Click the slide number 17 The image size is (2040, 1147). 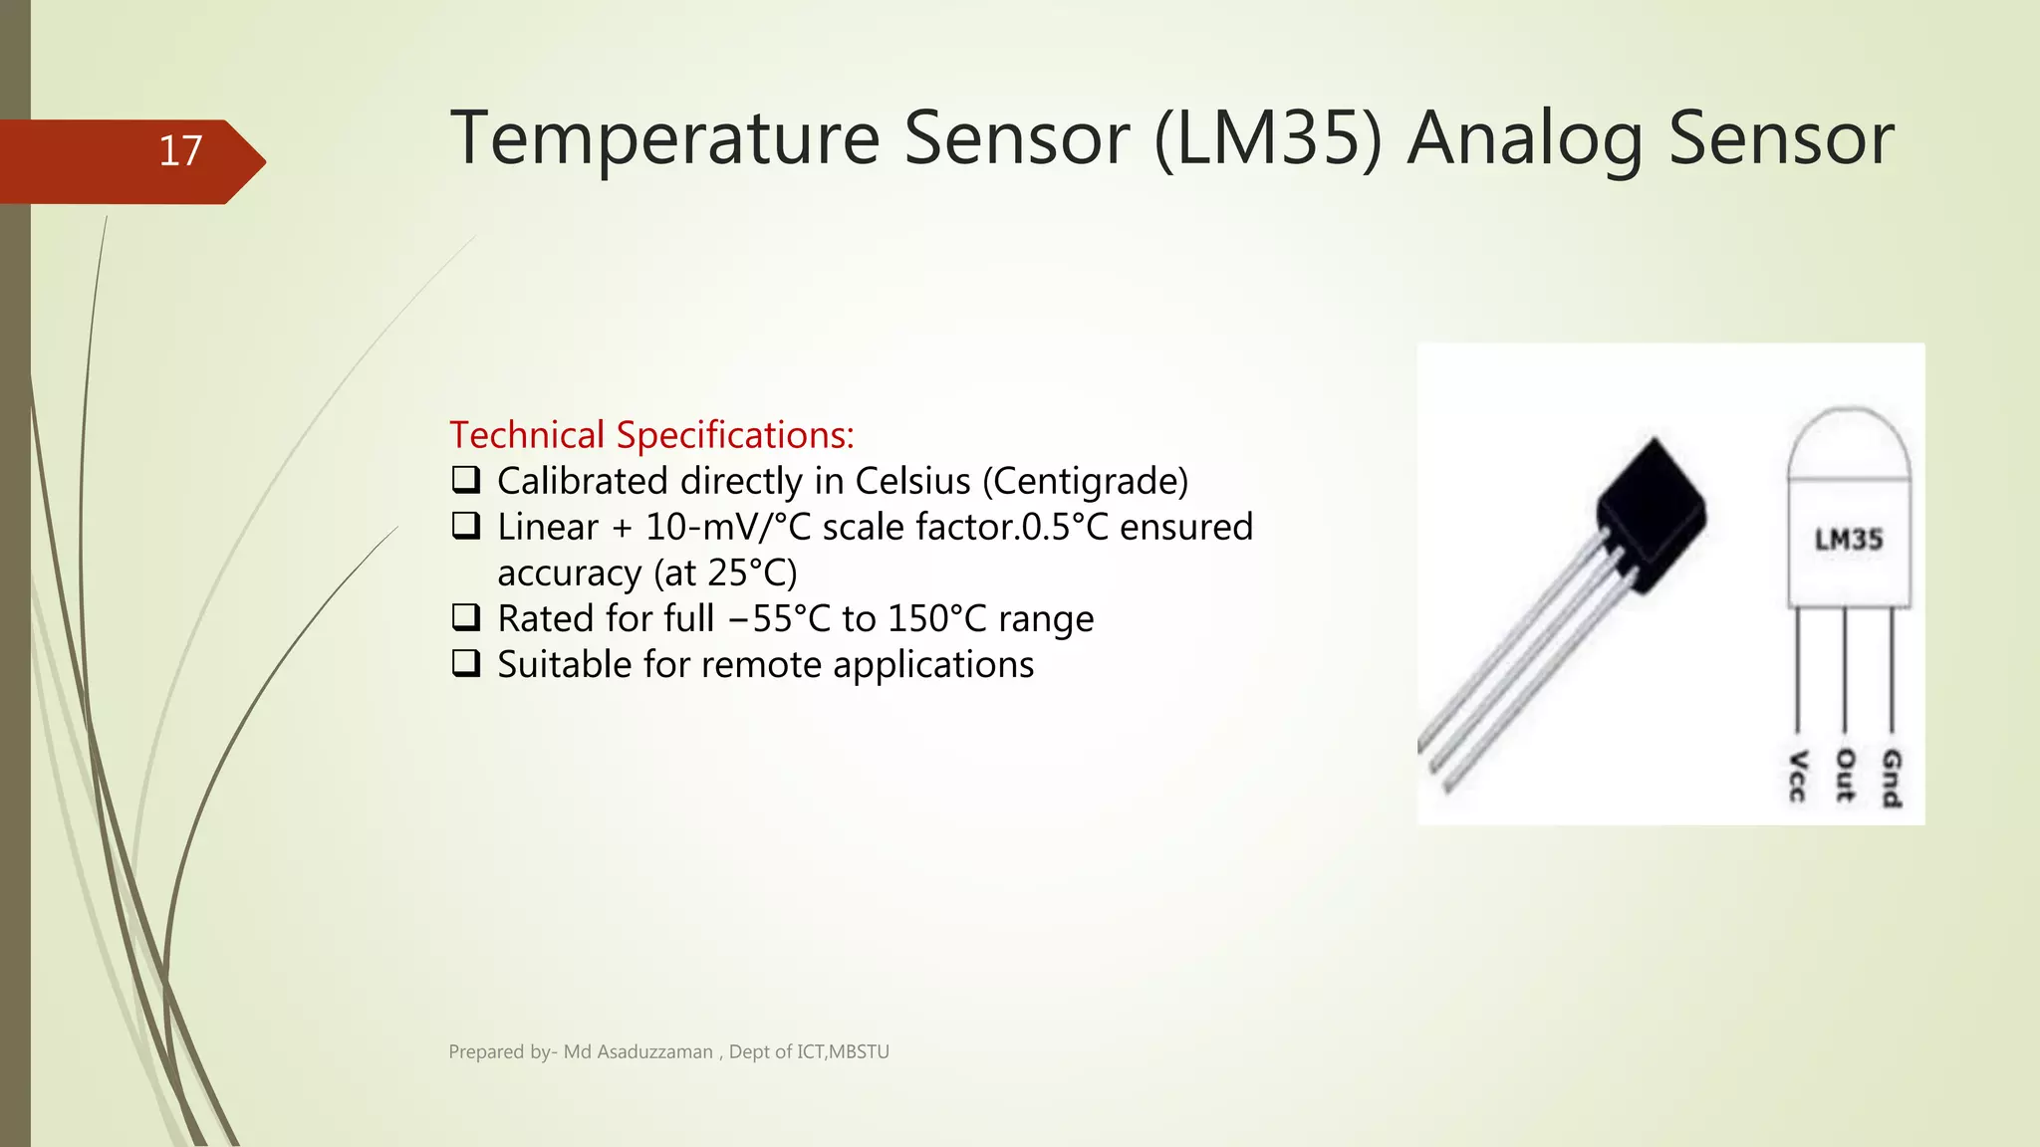coord(180,151)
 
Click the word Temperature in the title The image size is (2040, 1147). coord(664,138)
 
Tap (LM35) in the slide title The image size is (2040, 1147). coord(1268,138)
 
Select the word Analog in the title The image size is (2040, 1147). coord(1525,138)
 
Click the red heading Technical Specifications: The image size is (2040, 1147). coord(651,435)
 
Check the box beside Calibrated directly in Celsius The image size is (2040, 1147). coord(465,480)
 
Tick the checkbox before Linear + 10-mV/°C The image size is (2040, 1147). coord(465,526)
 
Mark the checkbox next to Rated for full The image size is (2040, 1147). coord(465,617)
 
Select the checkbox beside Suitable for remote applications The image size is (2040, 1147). coord(465,663)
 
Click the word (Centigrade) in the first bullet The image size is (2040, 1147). coord(1085,482)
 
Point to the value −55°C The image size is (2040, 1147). coord(778,618)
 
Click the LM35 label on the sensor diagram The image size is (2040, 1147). coord(1848,540)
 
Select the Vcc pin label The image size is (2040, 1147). coord(1797,776)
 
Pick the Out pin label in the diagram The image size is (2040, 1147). coord(1845,776)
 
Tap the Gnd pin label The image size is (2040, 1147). coord(1891,778)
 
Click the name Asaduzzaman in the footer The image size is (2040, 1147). coord(654,1052)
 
